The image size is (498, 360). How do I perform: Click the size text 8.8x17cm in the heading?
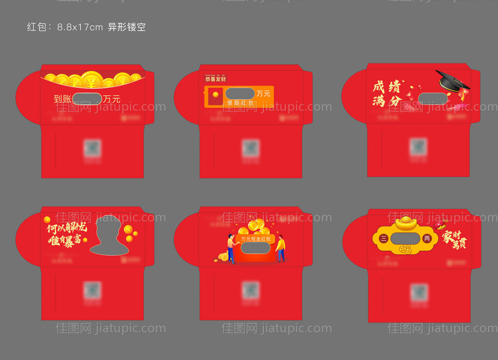click(x=80, y=27)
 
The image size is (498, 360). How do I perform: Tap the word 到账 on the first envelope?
click(x=63, y=99)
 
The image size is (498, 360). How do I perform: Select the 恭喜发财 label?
click(x=215, y=79)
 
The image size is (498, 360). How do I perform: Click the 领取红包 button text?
click(x=241, y=103)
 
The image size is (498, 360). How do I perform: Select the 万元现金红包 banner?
click(x=255, y=239)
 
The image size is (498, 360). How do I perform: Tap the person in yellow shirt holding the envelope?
click(x=281, y=248)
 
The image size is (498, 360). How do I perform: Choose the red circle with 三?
click(x=384, y=239)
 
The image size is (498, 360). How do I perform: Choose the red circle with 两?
click(x=427, y=239)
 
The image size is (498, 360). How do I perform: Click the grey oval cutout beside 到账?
click(x=87, y=99)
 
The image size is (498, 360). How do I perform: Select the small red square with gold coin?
click(x=215, y=95)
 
